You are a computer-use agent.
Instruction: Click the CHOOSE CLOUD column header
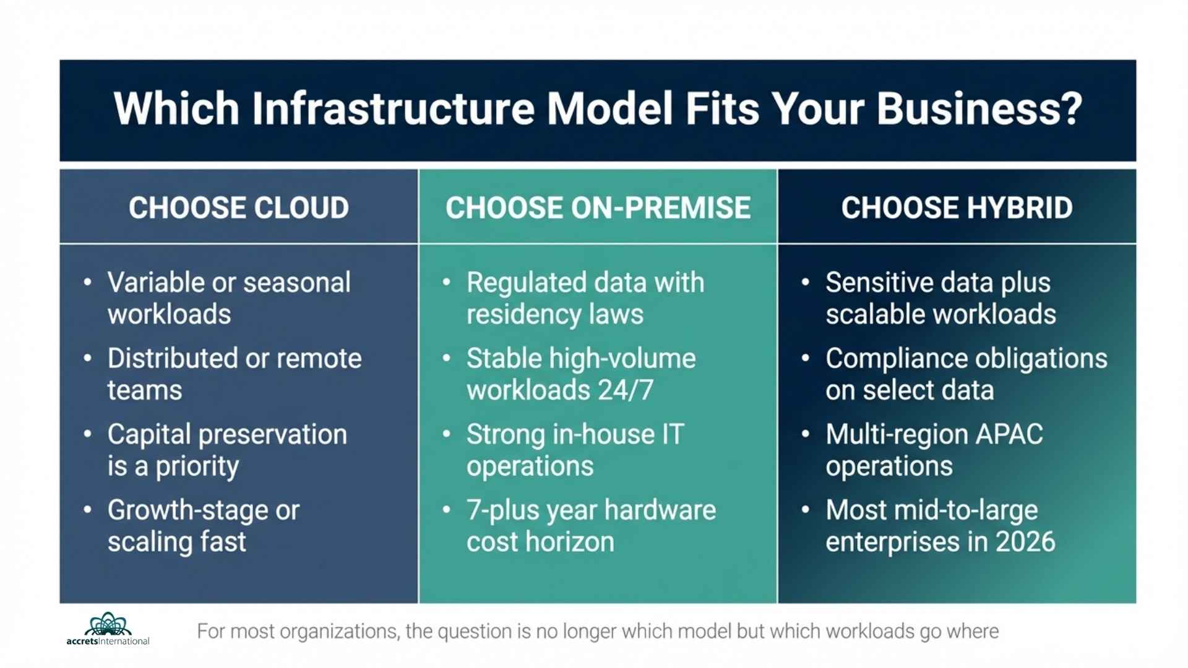(x=239, y=208)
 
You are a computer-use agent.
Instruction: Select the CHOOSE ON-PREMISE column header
(x=598, y=208)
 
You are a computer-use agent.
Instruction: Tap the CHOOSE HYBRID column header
(x=957, y=208)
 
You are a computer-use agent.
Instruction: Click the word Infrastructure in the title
(x=393, y=109)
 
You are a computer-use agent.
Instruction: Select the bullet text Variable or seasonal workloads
(x=229, y=298)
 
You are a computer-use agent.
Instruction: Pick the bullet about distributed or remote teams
(x=234, y=374)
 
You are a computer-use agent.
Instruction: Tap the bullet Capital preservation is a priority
(x=226, y=450)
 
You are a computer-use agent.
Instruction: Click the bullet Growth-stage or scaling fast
(x=203, y=526)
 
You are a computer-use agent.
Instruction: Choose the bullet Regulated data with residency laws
(x=585, y=298)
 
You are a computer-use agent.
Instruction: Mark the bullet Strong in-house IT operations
(x=575, y=450)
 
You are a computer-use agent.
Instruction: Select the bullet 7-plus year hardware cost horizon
(x=591, y=526)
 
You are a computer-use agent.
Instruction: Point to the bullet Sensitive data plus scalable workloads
(x=940, y=298)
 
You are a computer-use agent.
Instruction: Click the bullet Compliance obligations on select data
(x=966, y=374)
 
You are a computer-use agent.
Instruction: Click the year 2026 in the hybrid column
(x=1025, y=542)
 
